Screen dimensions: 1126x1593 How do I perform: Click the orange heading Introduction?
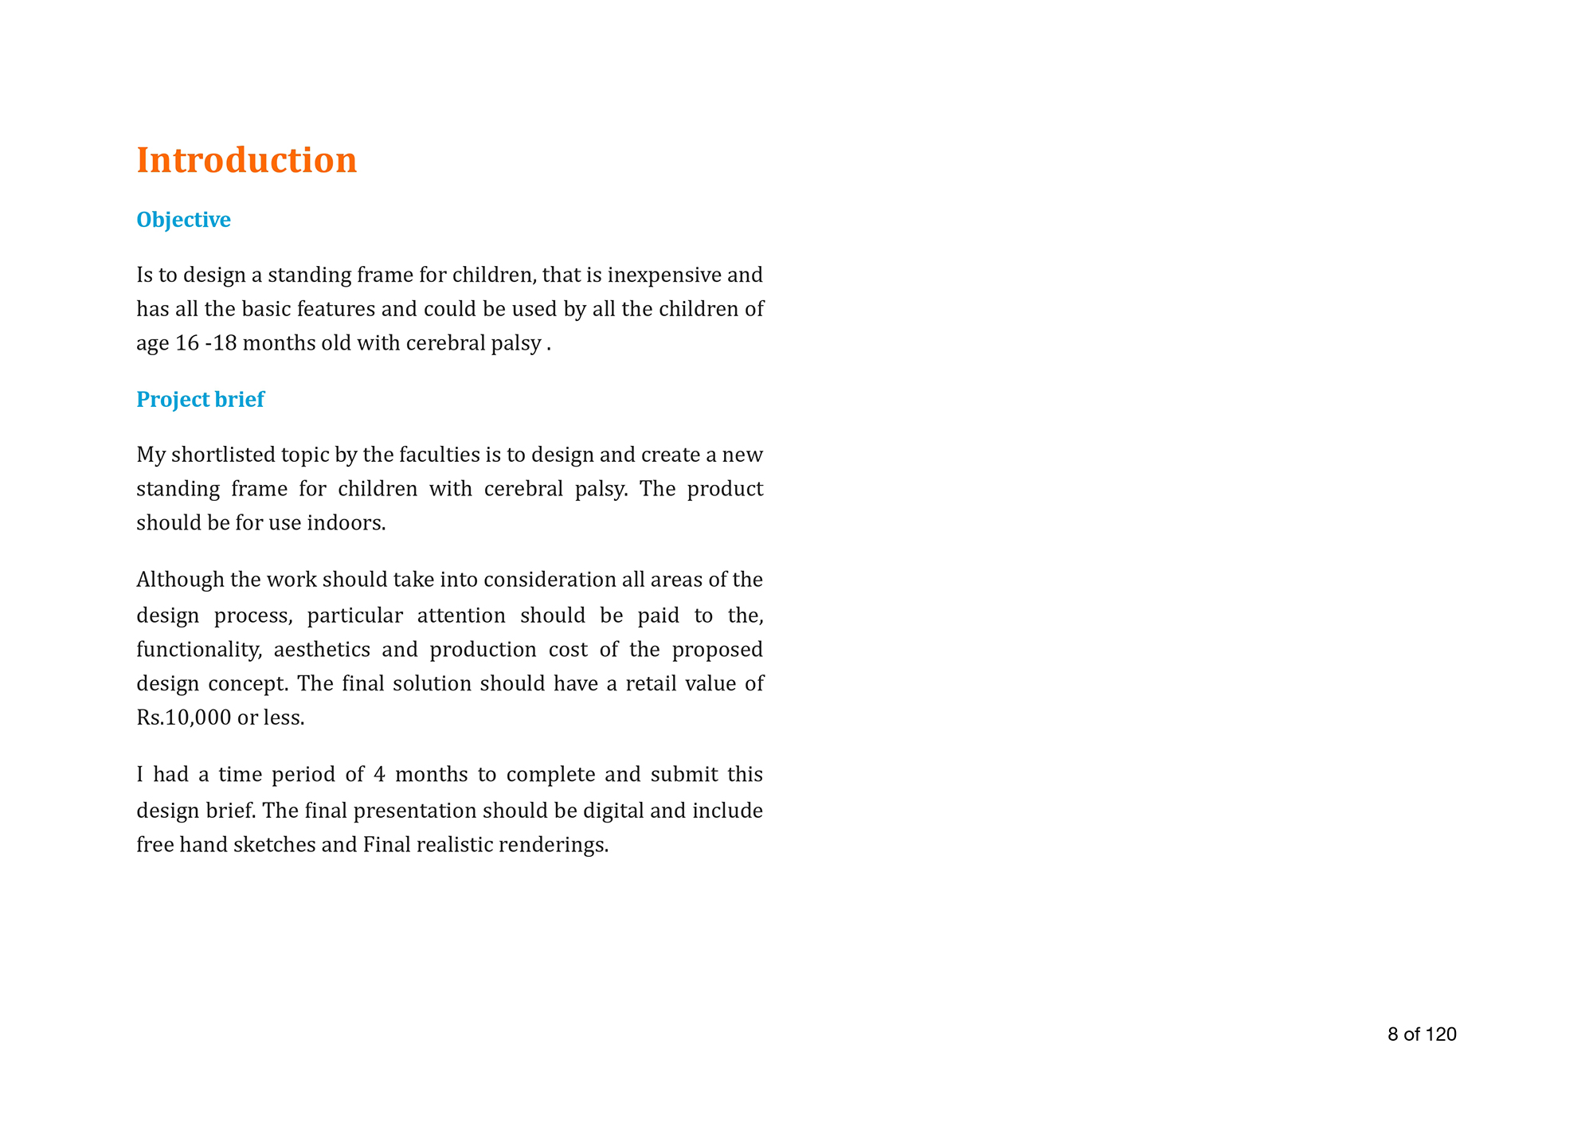[x=246, y=160]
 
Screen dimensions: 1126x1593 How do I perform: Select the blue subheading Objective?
[x=183, y=220]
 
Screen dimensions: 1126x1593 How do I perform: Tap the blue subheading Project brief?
[x=200, y=400]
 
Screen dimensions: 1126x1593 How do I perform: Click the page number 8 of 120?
[x=1422, y=1034]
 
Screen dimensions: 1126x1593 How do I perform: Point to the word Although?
[x=180, y=580]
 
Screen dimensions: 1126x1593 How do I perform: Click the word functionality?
[x=198, y=650]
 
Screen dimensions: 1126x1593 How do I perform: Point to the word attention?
[x=461, y=616]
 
